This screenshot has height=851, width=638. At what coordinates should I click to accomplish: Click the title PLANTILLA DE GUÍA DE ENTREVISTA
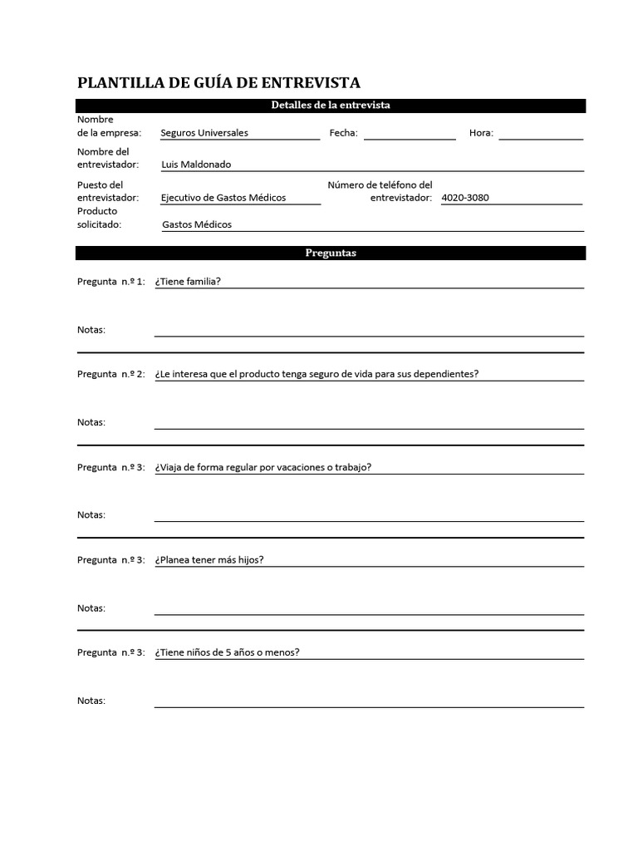point(218,82)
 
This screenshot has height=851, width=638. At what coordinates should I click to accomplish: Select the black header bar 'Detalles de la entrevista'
point(331,106)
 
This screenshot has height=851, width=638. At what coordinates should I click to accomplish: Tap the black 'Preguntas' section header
point(331,253)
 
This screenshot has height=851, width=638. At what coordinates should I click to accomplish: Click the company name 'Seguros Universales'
point(204,133)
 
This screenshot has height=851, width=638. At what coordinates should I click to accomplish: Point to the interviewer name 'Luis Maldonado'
point(196,165)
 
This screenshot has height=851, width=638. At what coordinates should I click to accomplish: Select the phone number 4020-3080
point(465,198)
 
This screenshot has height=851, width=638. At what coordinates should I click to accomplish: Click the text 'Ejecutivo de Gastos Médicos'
point(223,198)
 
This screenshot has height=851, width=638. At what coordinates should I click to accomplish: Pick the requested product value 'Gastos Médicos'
point(197,224)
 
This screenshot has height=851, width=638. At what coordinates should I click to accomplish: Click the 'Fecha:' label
point(343,133)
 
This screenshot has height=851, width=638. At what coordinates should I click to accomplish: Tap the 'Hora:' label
point(481,133)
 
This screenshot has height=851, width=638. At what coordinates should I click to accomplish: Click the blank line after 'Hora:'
point(541,135)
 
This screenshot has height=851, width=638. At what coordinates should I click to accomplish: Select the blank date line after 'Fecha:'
point(410,135)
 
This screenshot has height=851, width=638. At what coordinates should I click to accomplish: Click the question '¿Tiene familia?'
point(188,281)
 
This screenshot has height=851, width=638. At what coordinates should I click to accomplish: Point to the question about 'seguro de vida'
point(317,374)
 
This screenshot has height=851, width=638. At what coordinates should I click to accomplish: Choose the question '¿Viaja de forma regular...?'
point(263,467)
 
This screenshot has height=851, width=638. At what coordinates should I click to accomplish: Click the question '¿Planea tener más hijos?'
point(209,559)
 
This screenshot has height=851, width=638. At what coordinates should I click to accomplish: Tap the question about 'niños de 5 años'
point(228,652)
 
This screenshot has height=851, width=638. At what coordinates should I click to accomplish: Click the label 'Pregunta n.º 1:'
point(111,282)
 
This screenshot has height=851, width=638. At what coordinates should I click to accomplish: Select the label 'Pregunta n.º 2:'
point(111,374)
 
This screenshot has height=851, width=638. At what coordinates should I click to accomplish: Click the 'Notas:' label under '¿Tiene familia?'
point(91,330)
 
